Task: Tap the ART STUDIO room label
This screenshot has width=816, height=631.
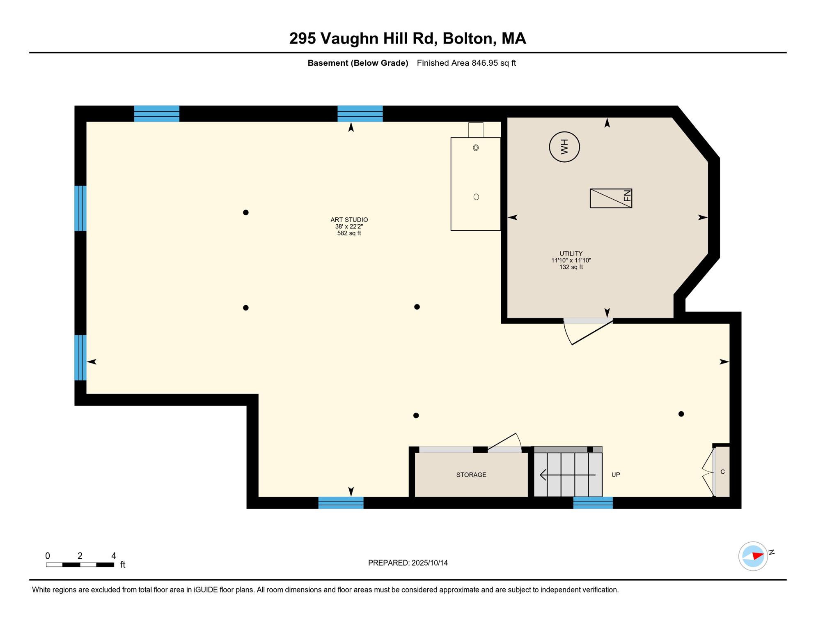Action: click(349, 220)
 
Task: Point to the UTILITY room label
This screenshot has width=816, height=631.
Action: click(571, 253)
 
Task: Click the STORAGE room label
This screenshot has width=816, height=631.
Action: click(471, 475)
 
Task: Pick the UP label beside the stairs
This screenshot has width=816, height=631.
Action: click(616, 475)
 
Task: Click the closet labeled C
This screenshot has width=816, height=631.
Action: click(722, 472)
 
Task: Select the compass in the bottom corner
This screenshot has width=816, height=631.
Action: click(753, 556)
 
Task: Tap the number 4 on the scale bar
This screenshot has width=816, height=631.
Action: click(114, 556)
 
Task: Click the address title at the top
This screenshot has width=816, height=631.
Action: click(408, 38)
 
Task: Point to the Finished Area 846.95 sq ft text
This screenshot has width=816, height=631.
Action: click(466, 63)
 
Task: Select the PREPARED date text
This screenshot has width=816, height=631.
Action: click(408, 563)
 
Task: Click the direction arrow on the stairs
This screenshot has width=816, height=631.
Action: click(568, 475)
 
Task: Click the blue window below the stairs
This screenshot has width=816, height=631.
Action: click(593, 503)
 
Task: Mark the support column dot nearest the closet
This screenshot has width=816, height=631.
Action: click(681, 414)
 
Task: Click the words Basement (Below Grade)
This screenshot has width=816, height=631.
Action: click(358, 63)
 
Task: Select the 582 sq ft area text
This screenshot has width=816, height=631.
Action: click(349, 233)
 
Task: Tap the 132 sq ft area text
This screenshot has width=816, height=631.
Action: click(571, 267)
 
